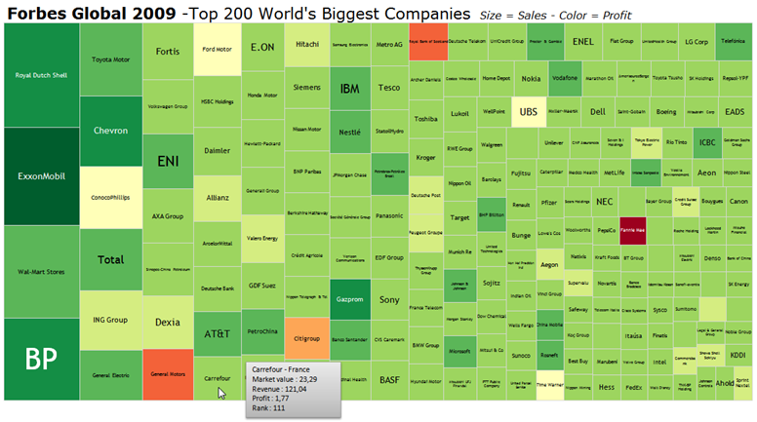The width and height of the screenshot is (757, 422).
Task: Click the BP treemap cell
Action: click(x=40, y=358)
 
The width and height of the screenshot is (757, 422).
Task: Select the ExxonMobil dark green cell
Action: click(x=40, y=176)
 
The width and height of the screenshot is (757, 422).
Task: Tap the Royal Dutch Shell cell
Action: click(x=40, y=74)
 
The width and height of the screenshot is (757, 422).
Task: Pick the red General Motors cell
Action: click(x=168, y=371)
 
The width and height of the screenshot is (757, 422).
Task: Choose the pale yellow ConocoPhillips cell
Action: click(x=109, y=197)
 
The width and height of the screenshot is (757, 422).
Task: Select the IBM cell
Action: click(x=349, y=89)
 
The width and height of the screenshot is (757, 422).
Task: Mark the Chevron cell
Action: click(x=110, y=131)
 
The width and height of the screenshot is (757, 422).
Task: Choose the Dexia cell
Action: click(x=168, y=321)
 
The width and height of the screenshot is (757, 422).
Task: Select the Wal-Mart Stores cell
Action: click(x=40, y=272)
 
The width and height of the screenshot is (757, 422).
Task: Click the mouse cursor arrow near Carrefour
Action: click(x=221, y=392)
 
